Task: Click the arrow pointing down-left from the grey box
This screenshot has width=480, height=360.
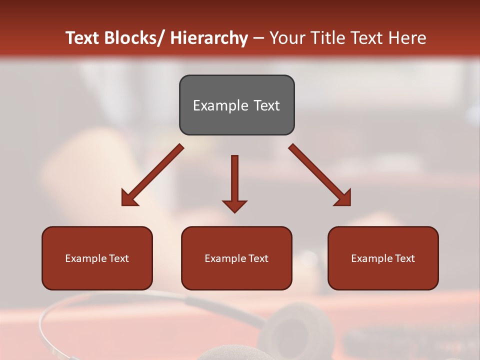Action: pyautogui.click(x=152, y=175)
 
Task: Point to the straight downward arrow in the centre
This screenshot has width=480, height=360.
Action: pyautogui.click(x=234, y=180)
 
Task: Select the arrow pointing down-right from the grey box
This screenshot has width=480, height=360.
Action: pyautogui.click(x=320, y=175)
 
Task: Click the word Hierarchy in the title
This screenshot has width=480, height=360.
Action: pyautogui.click(x=209, y=38)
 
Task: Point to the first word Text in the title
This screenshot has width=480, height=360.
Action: pyautogui.click(x=83, y=38)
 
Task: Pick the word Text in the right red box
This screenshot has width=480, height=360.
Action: pyautogui.click(x=405, y=258)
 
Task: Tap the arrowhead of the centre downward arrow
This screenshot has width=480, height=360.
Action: pyautogui.click(x=234, y=205)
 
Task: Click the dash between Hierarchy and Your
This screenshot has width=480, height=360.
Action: pyautogui.click(x=258, y=38)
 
